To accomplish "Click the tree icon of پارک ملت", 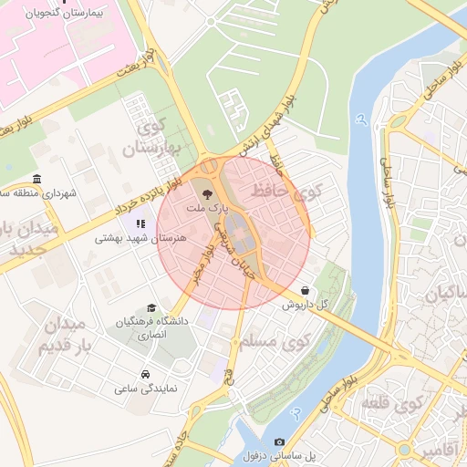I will pos(206,193).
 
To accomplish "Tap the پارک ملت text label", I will pos(204,209).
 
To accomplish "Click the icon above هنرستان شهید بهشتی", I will pos(140,223).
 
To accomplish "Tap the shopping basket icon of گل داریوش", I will pos(304,290).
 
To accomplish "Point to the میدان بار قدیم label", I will pos(64,336).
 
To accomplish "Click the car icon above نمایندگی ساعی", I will pos(145,374).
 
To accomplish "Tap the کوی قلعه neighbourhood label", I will pos(393,402).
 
